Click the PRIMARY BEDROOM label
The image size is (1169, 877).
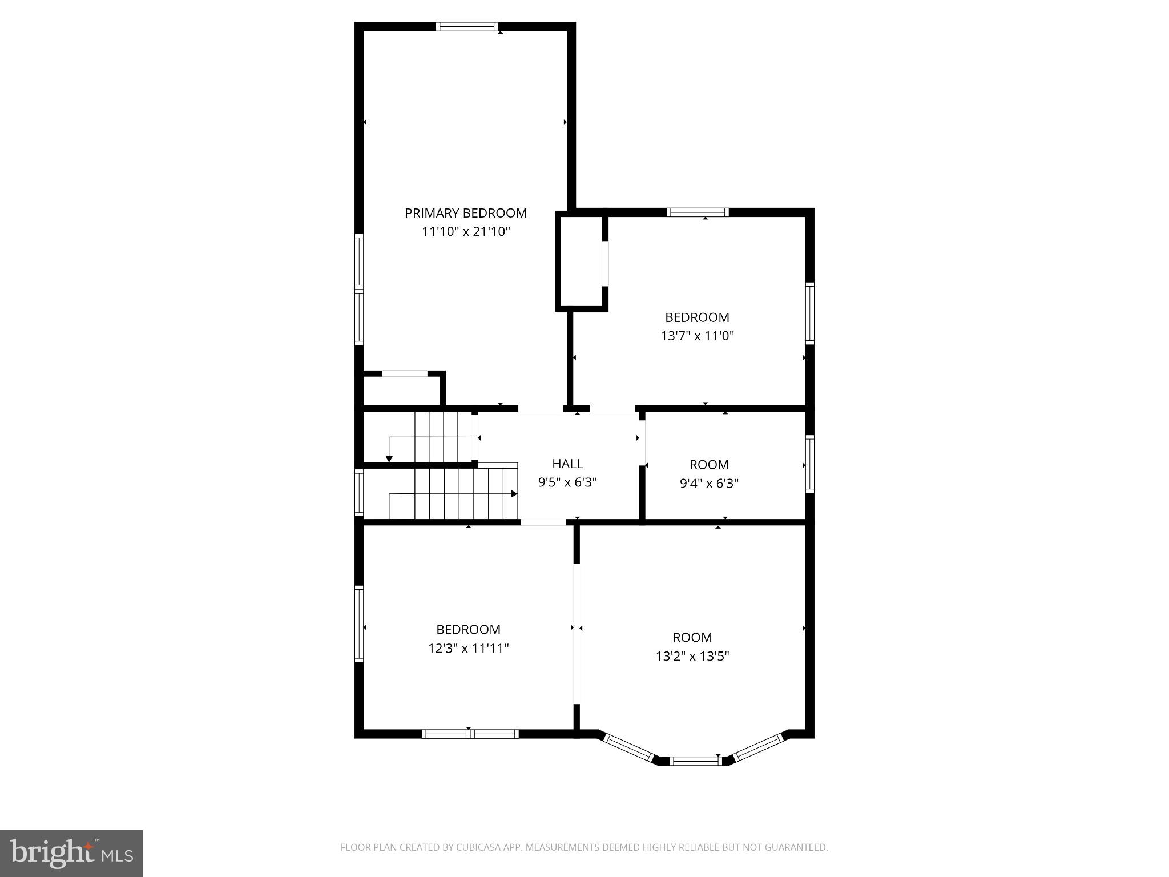click(x=466, y=213)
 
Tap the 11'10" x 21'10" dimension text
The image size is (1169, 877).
click(x=466, y=231)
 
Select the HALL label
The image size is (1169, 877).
click(x=567, y=464)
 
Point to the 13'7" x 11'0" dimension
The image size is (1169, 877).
click(x=697, y=336)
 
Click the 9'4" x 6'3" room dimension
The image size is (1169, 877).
click(x=709, y=484)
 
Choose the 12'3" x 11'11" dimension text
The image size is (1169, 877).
click(x=468, y=648)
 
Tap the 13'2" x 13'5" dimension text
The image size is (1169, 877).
click(x=692, y=656)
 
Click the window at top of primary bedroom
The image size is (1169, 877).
click(x=467, y=26)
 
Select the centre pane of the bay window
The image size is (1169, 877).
click(x=695, y=761)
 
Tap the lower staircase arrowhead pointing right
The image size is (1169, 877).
click(x=514, y=494)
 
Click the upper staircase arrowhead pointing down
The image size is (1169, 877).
click(x=389, y=459)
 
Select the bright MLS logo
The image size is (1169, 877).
click(x=71, y=853)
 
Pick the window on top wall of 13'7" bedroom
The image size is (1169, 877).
click(x=698, y=212)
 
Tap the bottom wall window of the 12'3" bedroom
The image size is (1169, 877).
click(x=470, y=734)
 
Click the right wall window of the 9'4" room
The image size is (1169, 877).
click(x=809, y=464)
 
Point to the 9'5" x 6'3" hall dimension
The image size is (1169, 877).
click(x=567, y=482)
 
